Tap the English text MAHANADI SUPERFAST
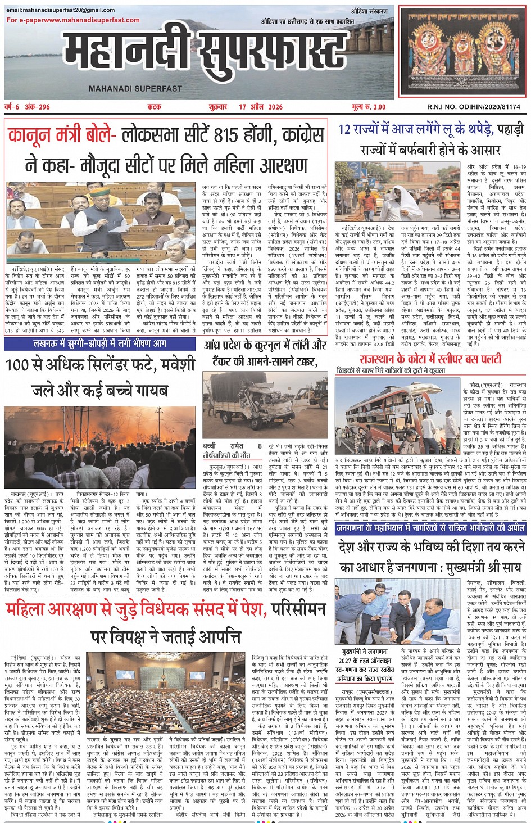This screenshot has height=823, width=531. tap(135, 88)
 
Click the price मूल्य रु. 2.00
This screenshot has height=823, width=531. tap(369, 107)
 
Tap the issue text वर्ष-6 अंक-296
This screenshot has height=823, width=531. tap(27, 107)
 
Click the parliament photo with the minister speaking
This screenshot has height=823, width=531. tap(101, 221)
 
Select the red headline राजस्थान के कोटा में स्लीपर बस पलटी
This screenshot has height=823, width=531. tap(430, 359)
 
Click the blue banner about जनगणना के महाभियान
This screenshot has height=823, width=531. tap(430, 528)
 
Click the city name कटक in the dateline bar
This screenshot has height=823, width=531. tap(154, 107)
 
